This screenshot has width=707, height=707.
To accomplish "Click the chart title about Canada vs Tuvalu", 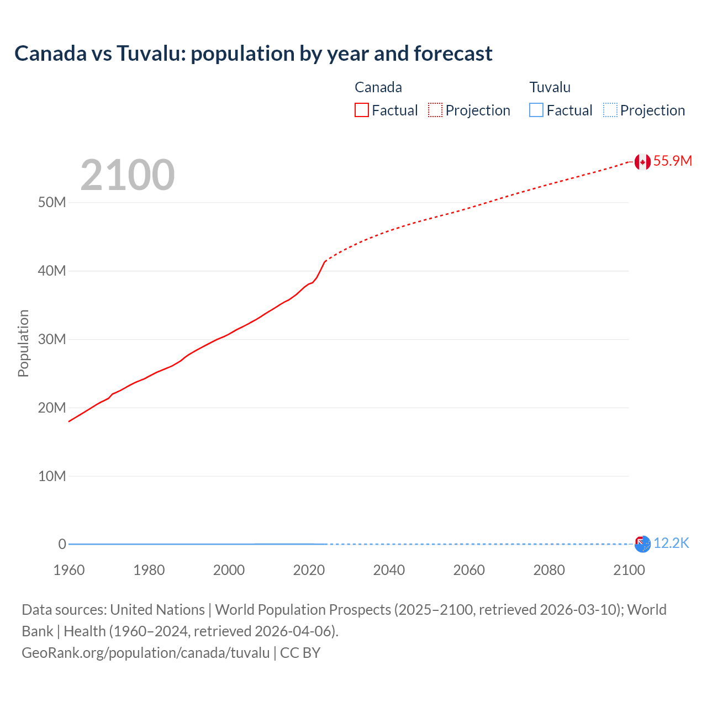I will (254, 54).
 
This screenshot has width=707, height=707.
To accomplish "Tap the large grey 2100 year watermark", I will (128, 175).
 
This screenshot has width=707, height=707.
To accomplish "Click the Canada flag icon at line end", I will (642, 162).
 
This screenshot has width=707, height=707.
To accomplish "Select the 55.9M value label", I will (673, 161).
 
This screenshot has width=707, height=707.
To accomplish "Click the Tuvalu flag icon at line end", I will (642, 544).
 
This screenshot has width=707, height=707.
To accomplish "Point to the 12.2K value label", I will (671, 544).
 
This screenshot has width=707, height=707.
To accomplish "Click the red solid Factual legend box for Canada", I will (362, 110).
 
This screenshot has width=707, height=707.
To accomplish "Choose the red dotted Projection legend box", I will (435, 110).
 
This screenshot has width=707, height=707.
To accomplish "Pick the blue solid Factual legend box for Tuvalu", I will (536, 110).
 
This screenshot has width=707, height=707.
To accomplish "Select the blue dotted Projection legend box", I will (610, 110).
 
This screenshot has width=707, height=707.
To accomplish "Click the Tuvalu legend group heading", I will (550, 87).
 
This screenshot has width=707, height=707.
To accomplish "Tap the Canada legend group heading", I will (378, 87).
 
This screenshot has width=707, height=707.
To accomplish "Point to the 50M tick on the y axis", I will (52, 203).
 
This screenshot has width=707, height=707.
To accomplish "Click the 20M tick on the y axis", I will (52, 408).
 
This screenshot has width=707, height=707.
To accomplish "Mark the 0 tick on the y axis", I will (62, 544).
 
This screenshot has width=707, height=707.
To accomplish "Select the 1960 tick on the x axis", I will (69, 570).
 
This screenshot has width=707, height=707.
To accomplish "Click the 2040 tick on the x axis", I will (389, 570).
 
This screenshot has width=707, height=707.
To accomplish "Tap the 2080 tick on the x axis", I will (549, 570).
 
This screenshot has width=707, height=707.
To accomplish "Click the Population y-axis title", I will (23, 343).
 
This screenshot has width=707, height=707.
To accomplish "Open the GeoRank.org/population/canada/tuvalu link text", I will (146, 653).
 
